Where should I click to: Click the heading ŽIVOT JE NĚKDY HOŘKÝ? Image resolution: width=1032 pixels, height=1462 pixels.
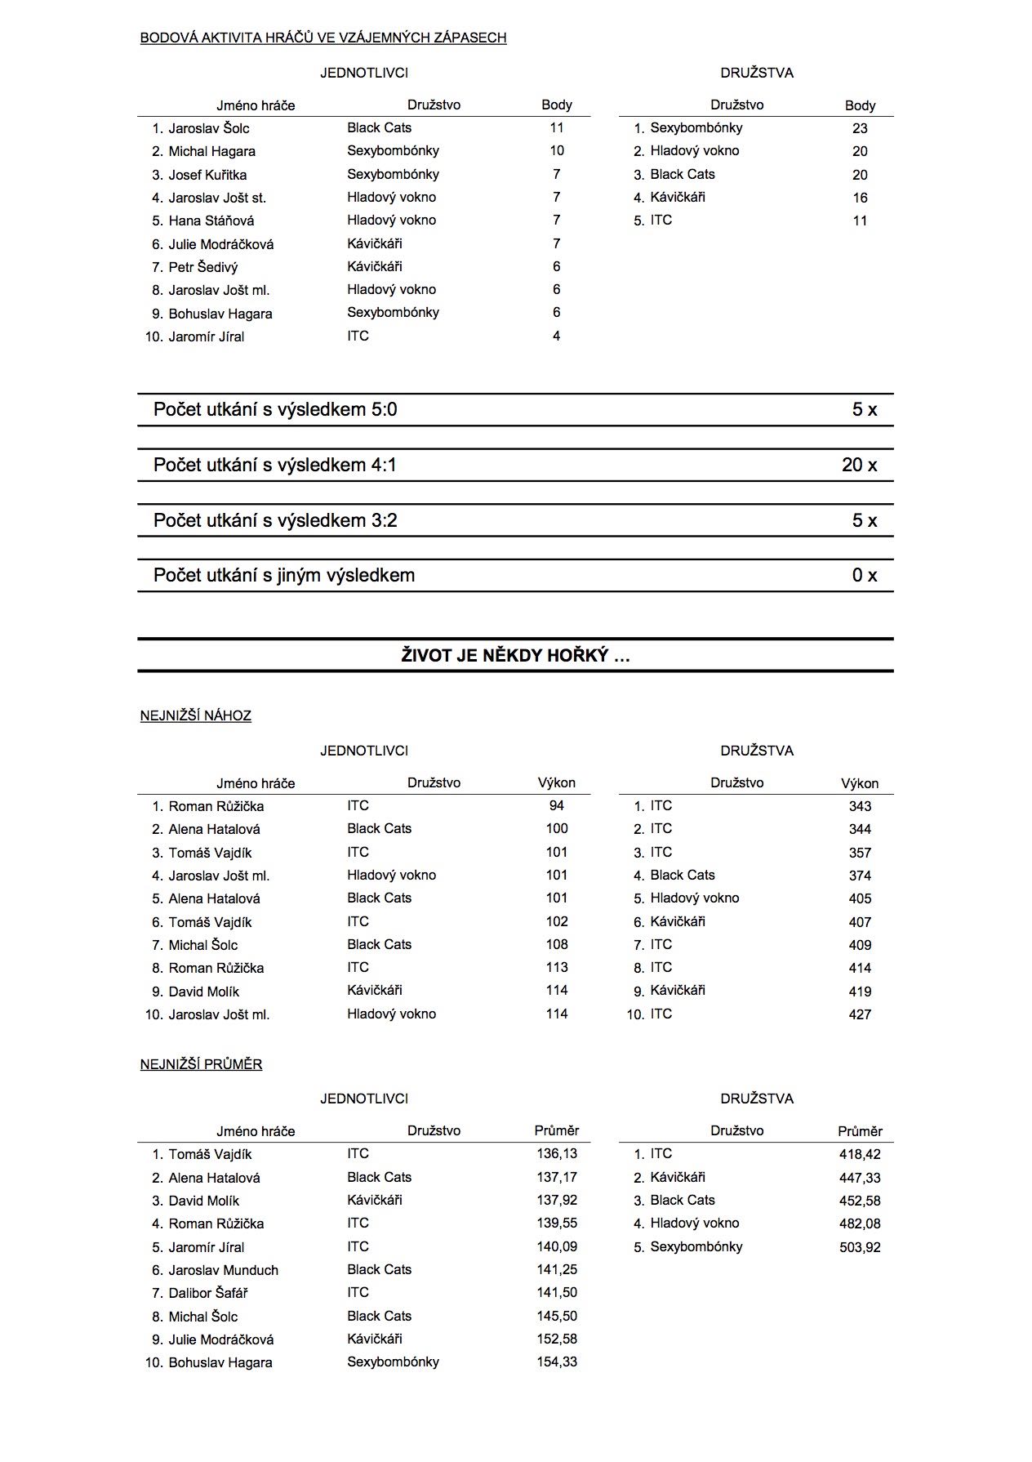tap(515, 655)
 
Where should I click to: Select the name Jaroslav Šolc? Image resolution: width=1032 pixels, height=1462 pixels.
tap(208, 128)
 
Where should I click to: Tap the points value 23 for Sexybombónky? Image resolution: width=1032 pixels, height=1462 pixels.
tap(859, 128)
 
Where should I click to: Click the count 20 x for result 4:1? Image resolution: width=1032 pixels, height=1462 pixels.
tap(859, 465)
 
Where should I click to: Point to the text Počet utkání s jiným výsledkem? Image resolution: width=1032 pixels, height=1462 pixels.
tap(283, 575)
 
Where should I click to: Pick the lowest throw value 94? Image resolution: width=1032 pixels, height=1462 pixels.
tap(556, 805)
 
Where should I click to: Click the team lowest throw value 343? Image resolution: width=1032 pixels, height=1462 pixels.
tap(860, 806)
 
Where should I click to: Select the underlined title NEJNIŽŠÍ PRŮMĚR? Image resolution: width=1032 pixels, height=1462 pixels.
tap(201, 1064)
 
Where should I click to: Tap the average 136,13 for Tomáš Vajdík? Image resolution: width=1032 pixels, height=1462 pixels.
tap(557, 1153)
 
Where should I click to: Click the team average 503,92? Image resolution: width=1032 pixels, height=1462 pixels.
tap(860, 1247)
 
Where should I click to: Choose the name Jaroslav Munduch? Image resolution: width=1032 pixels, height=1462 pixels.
tap(223, 1270)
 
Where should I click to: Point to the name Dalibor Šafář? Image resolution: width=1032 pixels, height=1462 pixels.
tap(207, 1293)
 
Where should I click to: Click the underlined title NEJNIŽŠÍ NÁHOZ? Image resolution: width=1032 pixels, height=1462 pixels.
tap(195, 715)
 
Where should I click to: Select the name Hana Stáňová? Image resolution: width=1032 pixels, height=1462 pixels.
tap(211, 221)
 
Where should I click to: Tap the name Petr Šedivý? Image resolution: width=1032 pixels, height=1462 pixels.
tap(202, 267)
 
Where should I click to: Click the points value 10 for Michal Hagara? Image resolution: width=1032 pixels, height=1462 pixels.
tap(556, 150)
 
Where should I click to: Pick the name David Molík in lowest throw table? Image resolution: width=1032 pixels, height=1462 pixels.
tap(203, 992)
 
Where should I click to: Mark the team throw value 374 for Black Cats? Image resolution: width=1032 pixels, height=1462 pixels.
tap(860, 876)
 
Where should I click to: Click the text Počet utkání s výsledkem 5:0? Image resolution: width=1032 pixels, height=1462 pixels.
tap(275, 409)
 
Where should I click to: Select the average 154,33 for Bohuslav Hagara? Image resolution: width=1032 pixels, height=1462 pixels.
tap(557, 1362)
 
